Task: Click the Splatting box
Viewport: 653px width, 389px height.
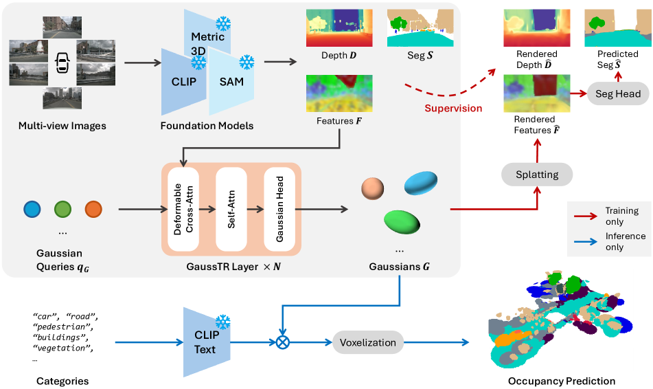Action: click(537, 175)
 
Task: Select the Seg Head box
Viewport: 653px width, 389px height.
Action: click(619, 94)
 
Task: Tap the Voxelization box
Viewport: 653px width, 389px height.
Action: click(368, 342)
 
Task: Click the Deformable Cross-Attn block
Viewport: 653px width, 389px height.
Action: click(181, 208)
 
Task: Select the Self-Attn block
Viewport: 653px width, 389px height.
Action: click(231, 208)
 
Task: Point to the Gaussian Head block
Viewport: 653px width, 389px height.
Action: click(279, 208)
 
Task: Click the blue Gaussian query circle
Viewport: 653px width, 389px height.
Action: click(32, 209)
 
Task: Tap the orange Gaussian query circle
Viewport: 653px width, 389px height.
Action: click(94, 209)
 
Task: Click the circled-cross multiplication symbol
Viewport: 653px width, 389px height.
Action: click(282, 342)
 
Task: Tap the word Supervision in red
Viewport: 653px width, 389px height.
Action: click(453, 109)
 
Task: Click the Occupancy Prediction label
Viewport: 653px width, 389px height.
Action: click(562, 381)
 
